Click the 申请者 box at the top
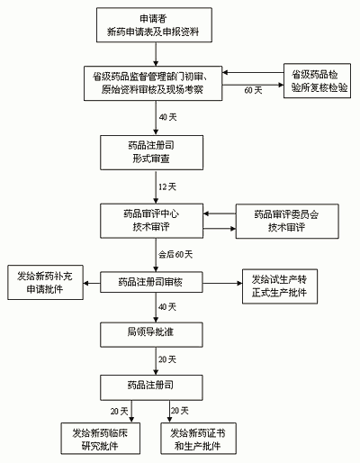click(x=151, y=25)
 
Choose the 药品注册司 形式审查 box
click(x=151, y=150)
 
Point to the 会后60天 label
click(x=175, y=256)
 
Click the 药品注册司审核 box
click(x=151, y=283)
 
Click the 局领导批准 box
click(x=151, y=333)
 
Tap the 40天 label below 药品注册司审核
click(x=166, y=307)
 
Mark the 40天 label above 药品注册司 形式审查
click(x=166, y=116)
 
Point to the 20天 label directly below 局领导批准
click(x=166, y=359)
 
